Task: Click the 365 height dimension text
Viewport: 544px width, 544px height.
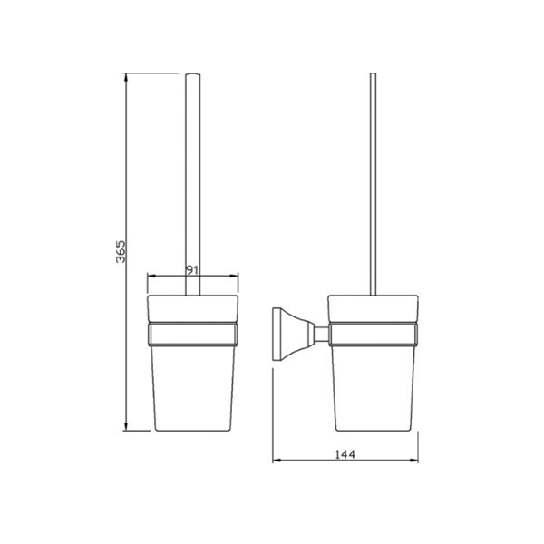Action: coord(121,251)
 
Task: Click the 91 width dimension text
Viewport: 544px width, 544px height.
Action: coord(192,270)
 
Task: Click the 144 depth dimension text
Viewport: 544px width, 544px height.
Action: coord(345,454)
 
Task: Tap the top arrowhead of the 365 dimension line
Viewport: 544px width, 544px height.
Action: coord(126,77)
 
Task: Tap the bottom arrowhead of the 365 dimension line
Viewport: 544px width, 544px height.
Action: coord(126,427)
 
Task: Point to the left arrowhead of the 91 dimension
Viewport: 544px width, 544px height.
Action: coord(151,277)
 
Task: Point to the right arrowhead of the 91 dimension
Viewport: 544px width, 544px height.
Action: coord(234,277)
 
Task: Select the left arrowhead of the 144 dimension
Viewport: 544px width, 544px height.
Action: coord(277,461)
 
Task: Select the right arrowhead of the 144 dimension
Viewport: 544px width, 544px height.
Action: coord(414,461)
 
